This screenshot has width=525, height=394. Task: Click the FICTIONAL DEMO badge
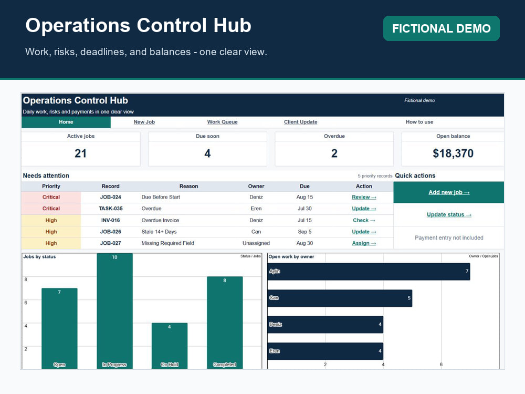442,28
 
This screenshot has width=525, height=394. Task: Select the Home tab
66,122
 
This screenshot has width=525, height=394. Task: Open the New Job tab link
144,122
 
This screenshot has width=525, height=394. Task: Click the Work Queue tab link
222,122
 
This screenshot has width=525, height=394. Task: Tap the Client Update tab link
301,122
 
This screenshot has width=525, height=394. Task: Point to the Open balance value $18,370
453,153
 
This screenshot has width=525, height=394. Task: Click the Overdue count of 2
334,153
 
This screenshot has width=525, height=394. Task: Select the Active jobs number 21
81,153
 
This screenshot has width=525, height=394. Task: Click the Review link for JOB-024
364,197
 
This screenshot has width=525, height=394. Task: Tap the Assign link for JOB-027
364,243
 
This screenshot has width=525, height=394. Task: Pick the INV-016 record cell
110,220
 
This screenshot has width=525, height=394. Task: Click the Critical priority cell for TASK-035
51,209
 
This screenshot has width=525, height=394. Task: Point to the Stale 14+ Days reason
159,232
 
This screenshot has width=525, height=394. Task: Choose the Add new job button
449,192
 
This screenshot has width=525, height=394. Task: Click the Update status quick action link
449,215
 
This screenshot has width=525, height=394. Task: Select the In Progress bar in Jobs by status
114,311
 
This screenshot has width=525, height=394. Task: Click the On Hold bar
170,346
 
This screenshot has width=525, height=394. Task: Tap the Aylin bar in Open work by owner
369,272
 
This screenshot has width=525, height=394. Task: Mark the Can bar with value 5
340,298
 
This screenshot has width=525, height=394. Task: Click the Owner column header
256,186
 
